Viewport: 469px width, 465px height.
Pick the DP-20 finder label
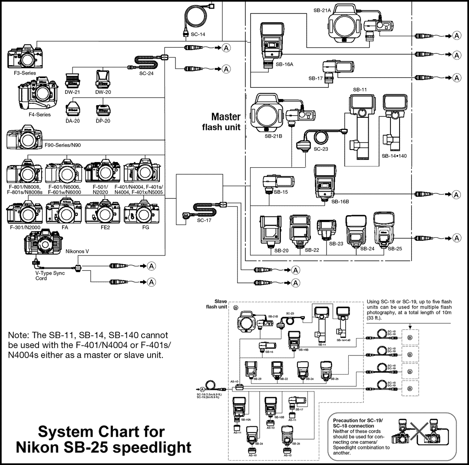(102, 121)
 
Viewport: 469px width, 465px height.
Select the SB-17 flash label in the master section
(315, 78)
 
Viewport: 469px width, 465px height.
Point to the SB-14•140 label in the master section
(394, 156)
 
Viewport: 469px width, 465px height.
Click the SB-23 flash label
(336, 244)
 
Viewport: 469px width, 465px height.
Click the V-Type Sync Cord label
(47, 276)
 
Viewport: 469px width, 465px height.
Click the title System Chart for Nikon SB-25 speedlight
(102, 439)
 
